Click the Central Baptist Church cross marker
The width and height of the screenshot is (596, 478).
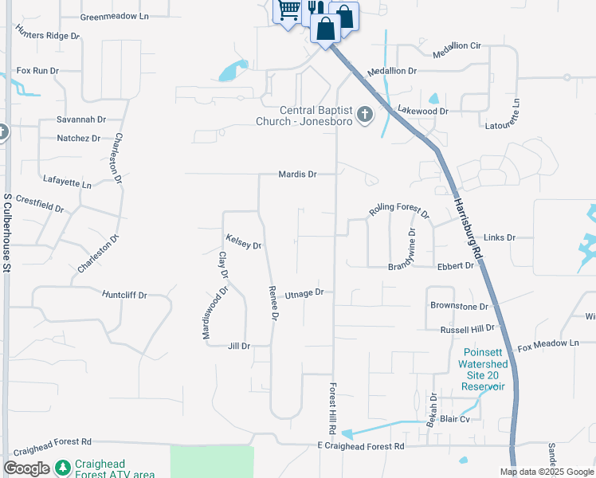point(365,115)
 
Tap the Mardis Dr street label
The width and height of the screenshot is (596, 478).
point(297,174)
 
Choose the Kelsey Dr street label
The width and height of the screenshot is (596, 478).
point(243,241)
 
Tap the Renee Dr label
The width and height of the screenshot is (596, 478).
point(273,304)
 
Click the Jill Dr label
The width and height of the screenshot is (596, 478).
point(239,346)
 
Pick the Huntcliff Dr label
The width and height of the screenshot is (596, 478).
point(125,295)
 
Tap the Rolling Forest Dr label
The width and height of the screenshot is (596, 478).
point(398,211)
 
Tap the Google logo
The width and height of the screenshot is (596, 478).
point(26,468)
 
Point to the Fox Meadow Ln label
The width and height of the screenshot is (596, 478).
point(547,345)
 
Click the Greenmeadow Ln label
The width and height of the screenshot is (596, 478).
point(115,16)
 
